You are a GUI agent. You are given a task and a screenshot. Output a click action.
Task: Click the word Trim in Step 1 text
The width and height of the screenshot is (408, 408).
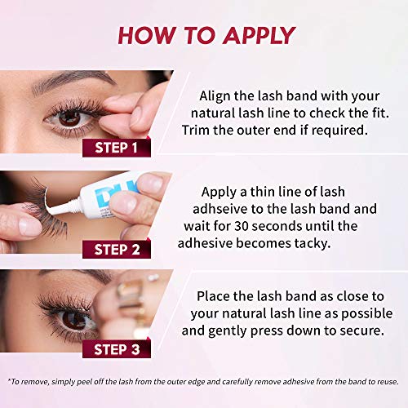click(199, 130)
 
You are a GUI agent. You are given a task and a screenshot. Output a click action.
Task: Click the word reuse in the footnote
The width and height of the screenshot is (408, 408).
click(382, 379)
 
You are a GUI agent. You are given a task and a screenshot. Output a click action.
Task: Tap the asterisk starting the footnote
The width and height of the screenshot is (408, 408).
click(10, 379)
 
